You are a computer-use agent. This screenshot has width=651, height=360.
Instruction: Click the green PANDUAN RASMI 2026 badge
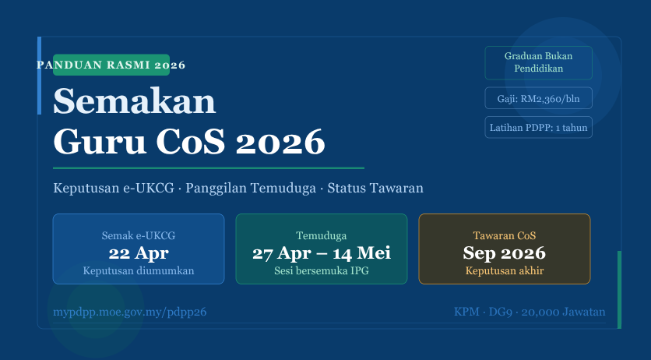coord(111,65)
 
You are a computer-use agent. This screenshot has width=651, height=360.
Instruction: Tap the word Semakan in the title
coord(134,101)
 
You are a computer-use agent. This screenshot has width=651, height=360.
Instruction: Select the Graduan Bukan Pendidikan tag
coord(538,62)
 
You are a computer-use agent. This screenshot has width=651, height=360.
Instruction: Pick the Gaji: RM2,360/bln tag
coord(538,99)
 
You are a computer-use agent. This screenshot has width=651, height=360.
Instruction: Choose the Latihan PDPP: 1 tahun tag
coord(538,127)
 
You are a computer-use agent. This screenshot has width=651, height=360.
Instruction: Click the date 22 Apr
coord(139,253)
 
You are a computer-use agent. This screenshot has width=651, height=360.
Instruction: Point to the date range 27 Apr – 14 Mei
coord(321,253)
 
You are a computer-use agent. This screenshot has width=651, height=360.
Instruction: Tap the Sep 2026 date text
coord(504,253)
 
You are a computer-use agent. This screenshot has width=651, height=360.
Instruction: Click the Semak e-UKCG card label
coord(139,235)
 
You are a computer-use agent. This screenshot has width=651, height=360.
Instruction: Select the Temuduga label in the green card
coord(321,235)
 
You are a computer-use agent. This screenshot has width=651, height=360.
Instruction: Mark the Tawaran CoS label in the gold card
coord(504,235)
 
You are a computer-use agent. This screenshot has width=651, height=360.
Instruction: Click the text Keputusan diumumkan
coord(139,271)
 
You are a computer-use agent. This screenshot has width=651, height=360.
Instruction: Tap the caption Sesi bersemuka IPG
coord(321,271)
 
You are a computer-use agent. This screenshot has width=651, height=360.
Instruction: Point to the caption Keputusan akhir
coord(504,271)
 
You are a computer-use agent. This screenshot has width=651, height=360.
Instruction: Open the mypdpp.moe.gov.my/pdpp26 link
coord(129,312)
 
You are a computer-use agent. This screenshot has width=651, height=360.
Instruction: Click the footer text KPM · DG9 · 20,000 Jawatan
coord(530,312)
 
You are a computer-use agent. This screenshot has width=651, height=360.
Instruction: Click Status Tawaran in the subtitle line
coord(375,189)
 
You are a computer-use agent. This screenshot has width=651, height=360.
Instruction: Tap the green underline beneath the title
coord(208,168)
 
